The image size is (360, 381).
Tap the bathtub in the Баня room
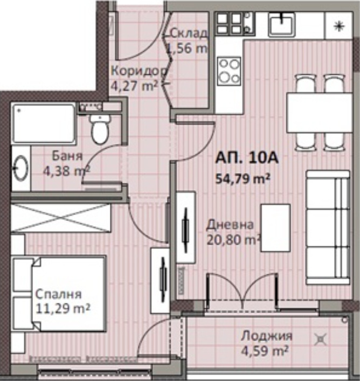44,123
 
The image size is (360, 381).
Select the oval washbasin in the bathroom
21,168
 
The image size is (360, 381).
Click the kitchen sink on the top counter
282,24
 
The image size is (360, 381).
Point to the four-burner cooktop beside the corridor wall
229,71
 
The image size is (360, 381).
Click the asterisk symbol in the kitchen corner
338,26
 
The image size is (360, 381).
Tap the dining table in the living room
319,113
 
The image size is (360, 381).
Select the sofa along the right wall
328,227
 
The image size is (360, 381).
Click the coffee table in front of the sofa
276,227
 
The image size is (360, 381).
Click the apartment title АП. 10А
247,158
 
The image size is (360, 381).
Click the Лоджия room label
267,336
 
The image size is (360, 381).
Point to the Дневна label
230,225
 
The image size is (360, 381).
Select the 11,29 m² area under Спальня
63,309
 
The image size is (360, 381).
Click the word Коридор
139,71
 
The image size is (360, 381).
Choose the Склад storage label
189,33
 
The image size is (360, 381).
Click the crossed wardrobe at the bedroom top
61,218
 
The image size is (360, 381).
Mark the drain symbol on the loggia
321,339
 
